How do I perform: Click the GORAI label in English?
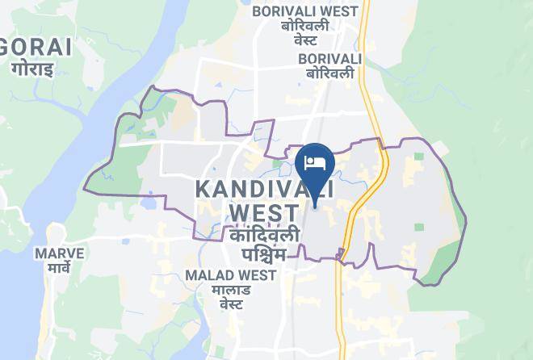(39, 47)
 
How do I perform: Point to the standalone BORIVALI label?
(329, 59)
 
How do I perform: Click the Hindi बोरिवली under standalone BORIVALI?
(329, 73)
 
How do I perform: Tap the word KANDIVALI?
(265, 190)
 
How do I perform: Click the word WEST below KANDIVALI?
(265, 213)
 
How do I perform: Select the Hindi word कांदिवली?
(265, 236)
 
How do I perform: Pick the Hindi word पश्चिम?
(265, 255)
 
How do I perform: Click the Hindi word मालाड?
(231, 290)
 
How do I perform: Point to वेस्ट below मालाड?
(231, 305)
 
